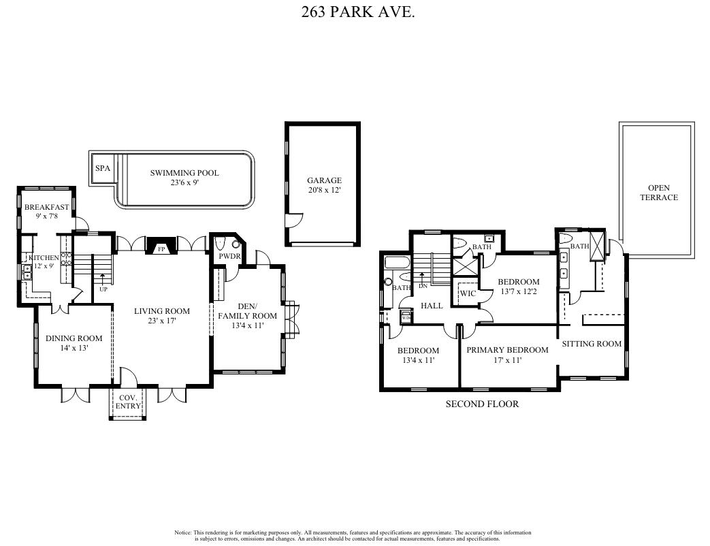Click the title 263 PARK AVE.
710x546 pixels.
(x=357, y=12)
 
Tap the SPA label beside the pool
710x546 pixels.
(x=103, y=168)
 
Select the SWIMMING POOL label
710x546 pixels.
(x=184, y=173)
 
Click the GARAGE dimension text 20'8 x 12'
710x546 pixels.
(x=323, y=191)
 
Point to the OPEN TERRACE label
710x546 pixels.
(x=658, y=193)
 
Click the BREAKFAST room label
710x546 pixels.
(x=46, y=207)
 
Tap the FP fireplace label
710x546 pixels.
(x=161, y=250)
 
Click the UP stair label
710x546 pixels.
(x=103, y=289)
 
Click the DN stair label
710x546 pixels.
(x=423, y=286)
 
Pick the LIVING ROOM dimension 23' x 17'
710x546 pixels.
(x=161, y=321)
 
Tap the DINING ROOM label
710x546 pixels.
(x=74, y=338)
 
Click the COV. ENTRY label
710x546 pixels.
(x=129, y=402)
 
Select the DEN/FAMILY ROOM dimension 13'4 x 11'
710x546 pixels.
(x=247, y=326)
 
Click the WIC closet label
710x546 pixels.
(x=468, y=293)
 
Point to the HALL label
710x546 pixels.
(x=432, y=306)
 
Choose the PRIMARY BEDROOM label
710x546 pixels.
(x=507, y=350)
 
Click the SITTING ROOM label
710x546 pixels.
(x=592, y=344)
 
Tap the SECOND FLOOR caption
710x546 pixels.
(x=482, y=404)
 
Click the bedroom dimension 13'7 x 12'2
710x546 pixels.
(x=518, y=292)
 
